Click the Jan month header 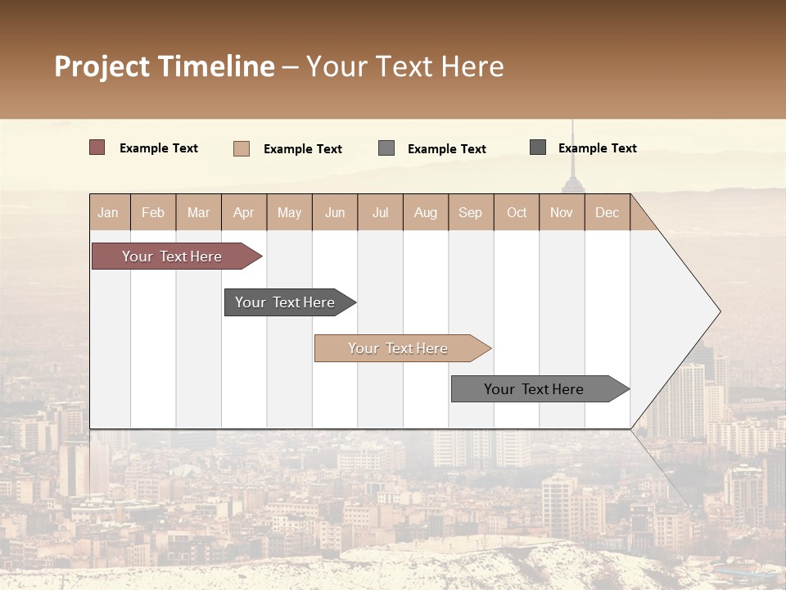click(x=108, y=213)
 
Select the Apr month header click(x=244, y=213)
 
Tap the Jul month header click(x=380, y=213)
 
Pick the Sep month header click(x=470, y=213)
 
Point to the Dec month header click(x=607, y=213)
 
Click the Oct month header click(x=517, y=213)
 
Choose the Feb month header click(x=153, y=213)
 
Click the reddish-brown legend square click(x=97, y=147)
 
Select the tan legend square click(x=241, y=148)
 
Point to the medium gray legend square click(x=386, y=148)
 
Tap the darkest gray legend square click(x=538, y=147)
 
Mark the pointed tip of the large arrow click(x=718, y=311)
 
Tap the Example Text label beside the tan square click(x=303, y=149)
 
